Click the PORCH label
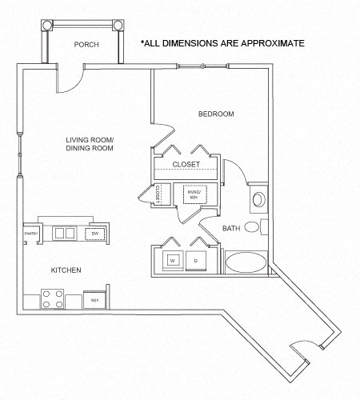point(86,45)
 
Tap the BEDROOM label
point(216,114)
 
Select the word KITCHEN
point(66,270)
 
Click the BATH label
point(231,229)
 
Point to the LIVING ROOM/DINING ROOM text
point(90,144)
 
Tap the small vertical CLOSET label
point(158,194)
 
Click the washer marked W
point(171,261)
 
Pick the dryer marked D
point(196,261)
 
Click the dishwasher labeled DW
point(94,233)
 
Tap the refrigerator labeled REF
point(94,300)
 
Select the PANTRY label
point(31,234)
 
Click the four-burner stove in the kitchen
point(52,300)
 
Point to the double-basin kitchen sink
point(64,233)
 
